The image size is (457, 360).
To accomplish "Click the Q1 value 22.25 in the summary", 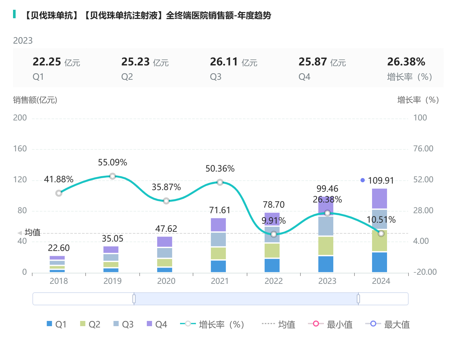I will coord(47,62).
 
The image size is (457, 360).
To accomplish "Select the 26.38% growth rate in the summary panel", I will coord(406,62).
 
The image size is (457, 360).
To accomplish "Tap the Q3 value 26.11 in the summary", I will coord(224,62).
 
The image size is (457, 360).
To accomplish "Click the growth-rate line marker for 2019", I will coord(113,176).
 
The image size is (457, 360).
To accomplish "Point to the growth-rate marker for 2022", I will coord(274,234).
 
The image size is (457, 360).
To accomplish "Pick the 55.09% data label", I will coord(113,162).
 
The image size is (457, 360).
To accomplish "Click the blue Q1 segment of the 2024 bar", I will coord(380,262).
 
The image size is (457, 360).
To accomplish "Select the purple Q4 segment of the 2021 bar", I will coord(218,225).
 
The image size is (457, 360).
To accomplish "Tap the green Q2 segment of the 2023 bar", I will coord(326,246).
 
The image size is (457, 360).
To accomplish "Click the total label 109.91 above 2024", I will coord(381,180).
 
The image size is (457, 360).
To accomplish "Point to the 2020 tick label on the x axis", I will coord(166,281).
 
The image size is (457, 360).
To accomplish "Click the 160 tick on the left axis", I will coord(20,149).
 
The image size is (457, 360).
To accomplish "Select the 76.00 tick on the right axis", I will coord(423,149).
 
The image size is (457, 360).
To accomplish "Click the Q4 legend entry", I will coord(157,324).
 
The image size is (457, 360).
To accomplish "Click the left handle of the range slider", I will coord(134,299).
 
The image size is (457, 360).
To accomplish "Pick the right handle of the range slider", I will coord(358,299).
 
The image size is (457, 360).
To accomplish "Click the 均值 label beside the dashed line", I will coord(33,232).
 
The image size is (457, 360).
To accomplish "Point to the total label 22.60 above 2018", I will coord(59,248).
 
